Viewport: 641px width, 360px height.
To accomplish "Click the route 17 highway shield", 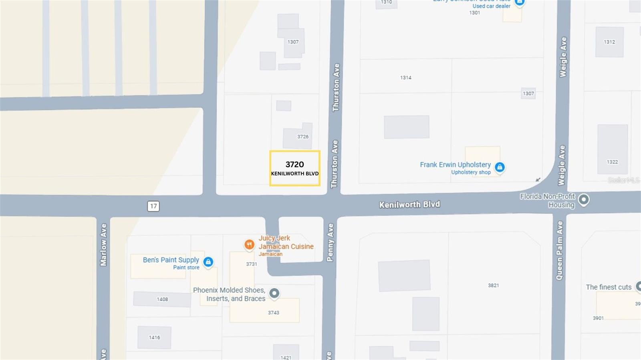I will [x=153, y=206].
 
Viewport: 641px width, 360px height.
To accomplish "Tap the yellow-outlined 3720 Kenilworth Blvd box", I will [x=295, y=168].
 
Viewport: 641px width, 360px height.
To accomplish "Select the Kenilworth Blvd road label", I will [x=409, y=205].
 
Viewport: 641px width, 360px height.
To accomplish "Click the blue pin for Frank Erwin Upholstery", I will [x=500, y=167].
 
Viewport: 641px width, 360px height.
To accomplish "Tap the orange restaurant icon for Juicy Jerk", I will [x=249, y=244].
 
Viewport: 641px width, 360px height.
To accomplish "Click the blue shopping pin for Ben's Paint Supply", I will [x=208, y=262].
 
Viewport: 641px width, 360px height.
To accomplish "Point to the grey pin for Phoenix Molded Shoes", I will [x=274, y=293].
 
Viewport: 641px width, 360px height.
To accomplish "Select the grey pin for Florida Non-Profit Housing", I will [x=584, y=199].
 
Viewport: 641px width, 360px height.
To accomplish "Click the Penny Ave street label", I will [x=330, y=242].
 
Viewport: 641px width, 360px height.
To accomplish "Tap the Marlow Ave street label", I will [x=103, y=245].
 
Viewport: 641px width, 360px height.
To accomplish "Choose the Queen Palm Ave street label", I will [x=560, y=250].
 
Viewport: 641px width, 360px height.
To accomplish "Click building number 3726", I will [x=303, y=137].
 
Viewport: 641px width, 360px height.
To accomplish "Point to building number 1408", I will [x=162, y=299].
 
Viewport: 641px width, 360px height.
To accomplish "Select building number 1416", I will [x=155, y=338].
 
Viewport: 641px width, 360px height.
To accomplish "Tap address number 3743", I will [x=274, y=313].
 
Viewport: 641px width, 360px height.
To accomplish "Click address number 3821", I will [x=494, y=286].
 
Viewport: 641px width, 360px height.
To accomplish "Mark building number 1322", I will [x=612, y=162].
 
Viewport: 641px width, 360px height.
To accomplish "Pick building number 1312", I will [x=609, y=42].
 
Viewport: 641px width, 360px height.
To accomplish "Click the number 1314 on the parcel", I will [x=406, y=78].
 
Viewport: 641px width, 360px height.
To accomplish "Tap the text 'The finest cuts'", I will [x=609, y=287].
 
